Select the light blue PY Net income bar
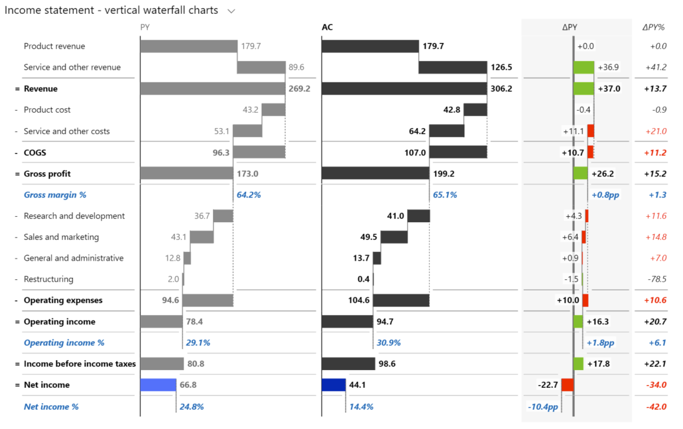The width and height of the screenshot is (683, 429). pyautogui.click(x=158, y=385)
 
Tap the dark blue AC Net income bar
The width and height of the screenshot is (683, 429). pyautogui.click(x=334, y=385)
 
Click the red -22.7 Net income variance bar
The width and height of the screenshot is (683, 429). pyautogui.click(x=567, y=385)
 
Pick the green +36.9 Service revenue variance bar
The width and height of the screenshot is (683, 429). pyautogui.click(x=584, y=68)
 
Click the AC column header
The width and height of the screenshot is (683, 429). pyautogui.click(x=328, y=27)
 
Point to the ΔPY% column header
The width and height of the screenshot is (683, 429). pyautogui.click(x=654, y=27)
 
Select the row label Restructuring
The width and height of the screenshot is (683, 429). pyautogui.click(x=48, y=279)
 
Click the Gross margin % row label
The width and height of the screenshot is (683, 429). pyautogui.click(x=55, y=195)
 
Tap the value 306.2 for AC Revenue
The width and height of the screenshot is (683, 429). pyautogui.click(x=501, y=89)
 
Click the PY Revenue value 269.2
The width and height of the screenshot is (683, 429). pyautogui.click(x=300, y=89)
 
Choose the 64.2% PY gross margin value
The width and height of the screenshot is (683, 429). pyautogui.click(x=249, y=195)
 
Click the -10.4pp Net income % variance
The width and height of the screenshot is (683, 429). pyautogui.click(x=542, y=406)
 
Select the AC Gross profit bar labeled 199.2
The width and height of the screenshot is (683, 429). pyautogui.click(x=375, y=174)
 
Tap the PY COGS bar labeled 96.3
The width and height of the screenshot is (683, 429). pyautogui.click(x=259, y=153)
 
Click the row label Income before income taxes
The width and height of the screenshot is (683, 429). pyautogui.click(x=80, y=364)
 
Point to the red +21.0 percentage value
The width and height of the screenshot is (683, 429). pyautogui.click(x=655, y=131)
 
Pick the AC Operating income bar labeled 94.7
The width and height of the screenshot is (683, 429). pyautogui.click(x=347, y=322)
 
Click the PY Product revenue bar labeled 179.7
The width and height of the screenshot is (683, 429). pyautogui.click(x=189, y=46)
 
